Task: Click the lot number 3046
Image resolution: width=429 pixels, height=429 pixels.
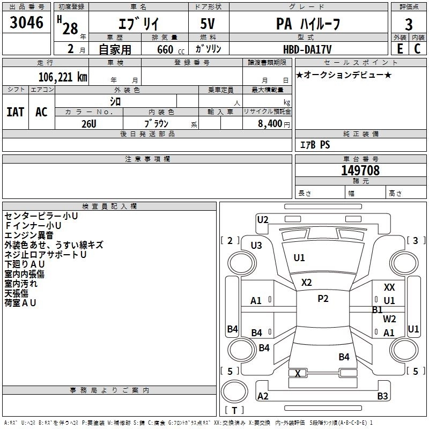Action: (27, 23)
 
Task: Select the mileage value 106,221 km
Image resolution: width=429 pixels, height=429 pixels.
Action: (63, 77)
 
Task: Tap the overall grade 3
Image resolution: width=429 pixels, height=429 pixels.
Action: (409, 24)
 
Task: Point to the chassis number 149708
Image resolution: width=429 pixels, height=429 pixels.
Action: (360, 171)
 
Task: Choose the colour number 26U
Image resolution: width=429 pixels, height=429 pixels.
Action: (88, 123)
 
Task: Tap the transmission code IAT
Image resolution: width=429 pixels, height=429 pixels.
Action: (15, 112)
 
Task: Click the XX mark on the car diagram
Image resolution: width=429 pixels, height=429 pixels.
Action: (389, 288)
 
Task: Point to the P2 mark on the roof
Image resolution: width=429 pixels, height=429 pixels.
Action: (323, 299)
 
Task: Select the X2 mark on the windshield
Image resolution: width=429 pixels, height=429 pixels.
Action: (306, 283)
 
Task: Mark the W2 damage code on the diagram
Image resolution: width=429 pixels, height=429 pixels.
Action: (389, 319)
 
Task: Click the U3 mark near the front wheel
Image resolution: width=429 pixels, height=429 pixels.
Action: (256, 246)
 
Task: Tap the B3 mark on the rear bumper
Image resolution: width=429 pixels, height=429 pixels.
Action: (382, 396)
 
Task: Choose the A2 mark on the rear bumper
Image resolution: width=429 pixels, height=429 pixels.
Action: (263, 396)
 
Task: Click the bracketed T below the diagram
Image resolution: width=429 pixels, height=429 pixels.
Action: (234, 410)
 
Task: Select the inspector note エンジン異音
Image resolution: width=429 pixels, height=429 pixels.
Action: (29, 235)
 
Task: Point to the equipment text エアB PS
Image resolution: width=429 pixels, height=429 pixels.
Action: (315, 144)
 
